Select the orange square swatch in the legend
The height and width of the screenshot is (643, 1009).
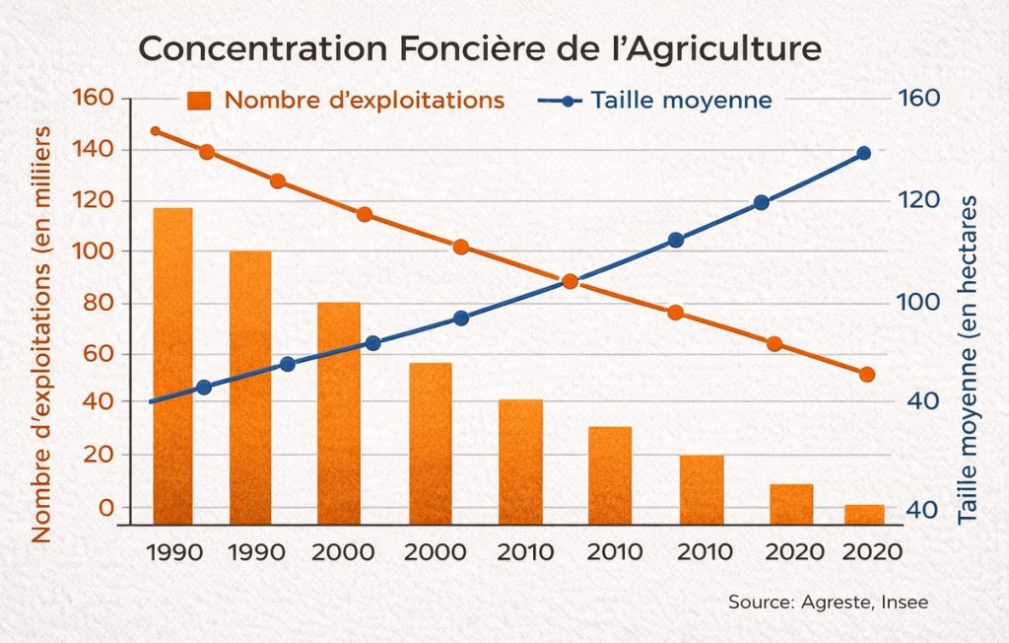click(x=201, y=100)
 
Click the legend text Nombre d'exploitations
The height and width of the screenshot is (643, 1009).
click(x=365, y=100)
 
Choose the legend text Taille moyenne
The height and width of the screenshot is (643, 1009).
click(x=681, y=100)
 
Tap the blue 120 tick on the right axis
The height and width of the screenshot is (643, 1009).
click(x=917, y=201)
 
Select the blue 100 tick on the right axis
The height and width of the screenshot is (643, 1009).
click(x=917, y=302)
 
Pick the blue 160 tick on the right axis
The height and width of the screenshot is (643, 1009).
click(x=917, y=99)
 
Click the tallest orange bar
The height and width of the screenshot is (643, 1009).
click(x=172, y=365)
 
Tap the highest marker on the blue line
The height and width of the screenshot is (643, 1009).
click(x=863, y=153)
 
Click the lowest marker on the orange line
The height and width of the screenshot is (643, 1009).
click(x=867, y=375)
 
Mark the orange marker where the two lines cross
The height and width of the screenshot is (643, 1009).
click(x=570, y=281)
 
